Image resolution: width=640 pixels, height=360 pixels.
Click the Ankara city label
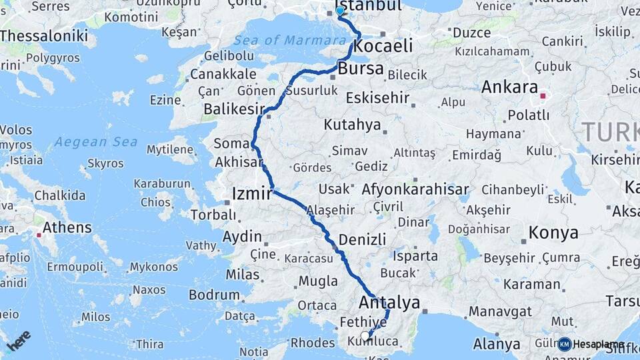pyautogui.click(x=509, y=87)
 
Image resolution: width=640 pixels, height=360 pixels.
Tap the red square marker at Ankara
pyautogui.click(x=543, y=97)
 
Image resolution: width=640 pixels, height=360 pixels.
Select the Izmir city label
pyautogui.click(x=251, y=194)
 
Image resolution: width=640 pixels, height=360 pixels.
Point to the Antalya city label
pyautogui.click(x=389, y=302)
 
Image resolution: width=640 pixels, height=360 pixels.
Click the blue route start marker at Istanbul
pyautogui.click(x=340, y=11)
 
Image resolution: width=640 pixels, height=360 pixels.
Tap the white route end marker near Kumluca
pyautogui.click(x=365, y=336)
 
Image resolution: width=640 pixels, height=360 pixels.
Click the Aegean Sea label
pyautogui.click(x=96, y=141)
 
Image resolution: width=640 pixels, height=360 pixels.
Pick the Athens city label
pyautogui.click(x=66, y=227)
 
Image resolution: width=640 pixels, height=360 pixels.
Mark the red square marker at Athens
pyautogui.click(x=39, y=234)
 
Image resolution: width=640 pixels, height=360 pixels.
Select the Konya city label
pyautogui.click(x=553, y=233)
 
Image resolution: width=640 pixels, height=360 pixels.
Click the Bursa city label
pyautogui.click(x=361, y=69)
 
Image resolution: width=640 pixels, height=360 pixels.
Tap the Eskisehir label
pyautogui.click(x=377, y=98)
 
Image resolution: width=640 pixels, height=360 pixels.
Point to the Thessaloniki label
pyautogui.click(x=44, y=35)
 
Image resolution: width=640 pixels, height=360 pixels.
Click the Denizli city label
pyautogui.click(x=362, y=239)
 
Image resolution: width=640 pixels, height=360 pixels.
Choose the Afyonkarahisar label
pyautogui.click(x=415, y=189)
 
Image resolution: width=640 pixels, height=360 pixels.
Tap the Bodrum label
pyautogui.click(x=214, y=295)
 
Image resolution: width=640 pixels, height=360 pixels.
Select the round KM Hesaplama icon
pyautogui.click(x=565, y=344)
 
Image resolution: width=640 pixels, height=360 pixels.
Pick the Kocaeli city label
pyautogui.click(x=383, y=46)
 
